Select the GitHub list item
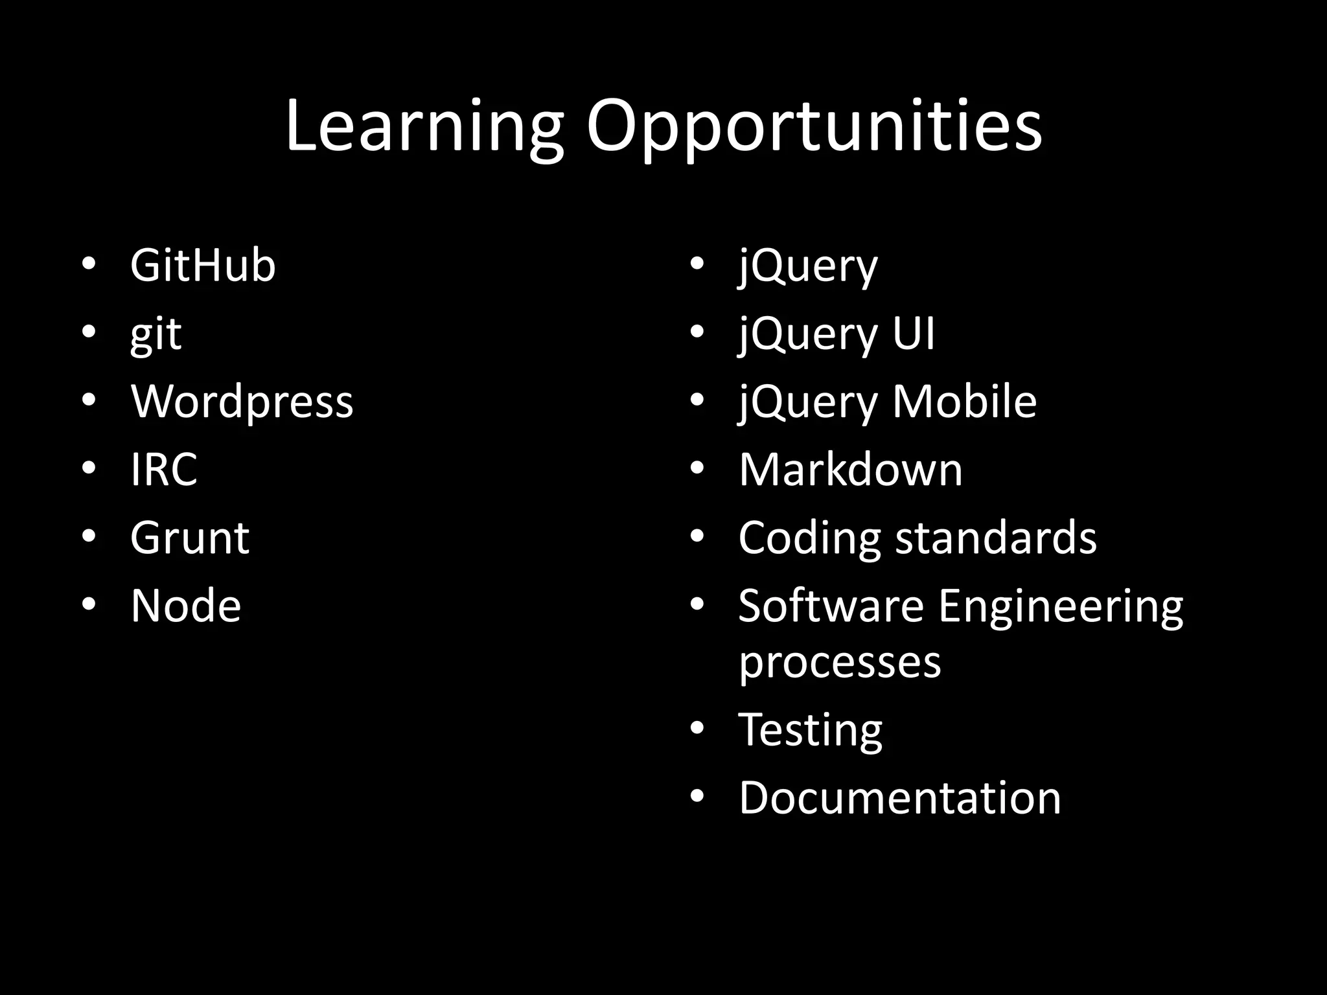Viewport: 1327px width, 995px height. click(x=203, y=266)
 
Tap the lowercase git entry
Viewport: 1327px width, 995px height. click(x=156, y=335)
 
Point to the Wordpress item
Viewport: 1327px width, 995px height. click(x=242, y=402)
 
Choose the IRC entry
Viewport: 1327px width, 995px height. click(x=164, y=470)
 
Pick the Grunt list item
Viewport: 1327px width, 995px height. click(x=189, y=538)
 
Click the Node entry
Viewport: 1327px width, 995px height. click(x=186, y=606)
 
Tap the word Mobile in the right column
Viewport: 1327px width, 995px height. click(x=965, y=402)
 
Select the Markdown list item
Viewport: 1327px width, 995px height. click(x=850, y=470)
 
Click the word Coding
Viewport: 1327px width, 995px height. click(x=809, y=538)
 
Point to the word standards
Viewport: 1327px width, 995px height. click(x=996, y=538)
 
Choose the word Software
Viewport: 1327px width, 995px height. click(x=831, y=606)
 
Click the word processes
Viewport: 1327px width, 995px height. click(x=840, y=662)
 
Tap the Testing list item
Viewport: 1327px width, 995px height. click(x=810, y=730)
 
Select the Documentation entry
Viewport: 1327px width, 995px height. click(x=899, y=797)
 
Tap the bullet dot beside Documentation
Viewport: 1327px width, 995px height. click(x=697, y=796)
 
